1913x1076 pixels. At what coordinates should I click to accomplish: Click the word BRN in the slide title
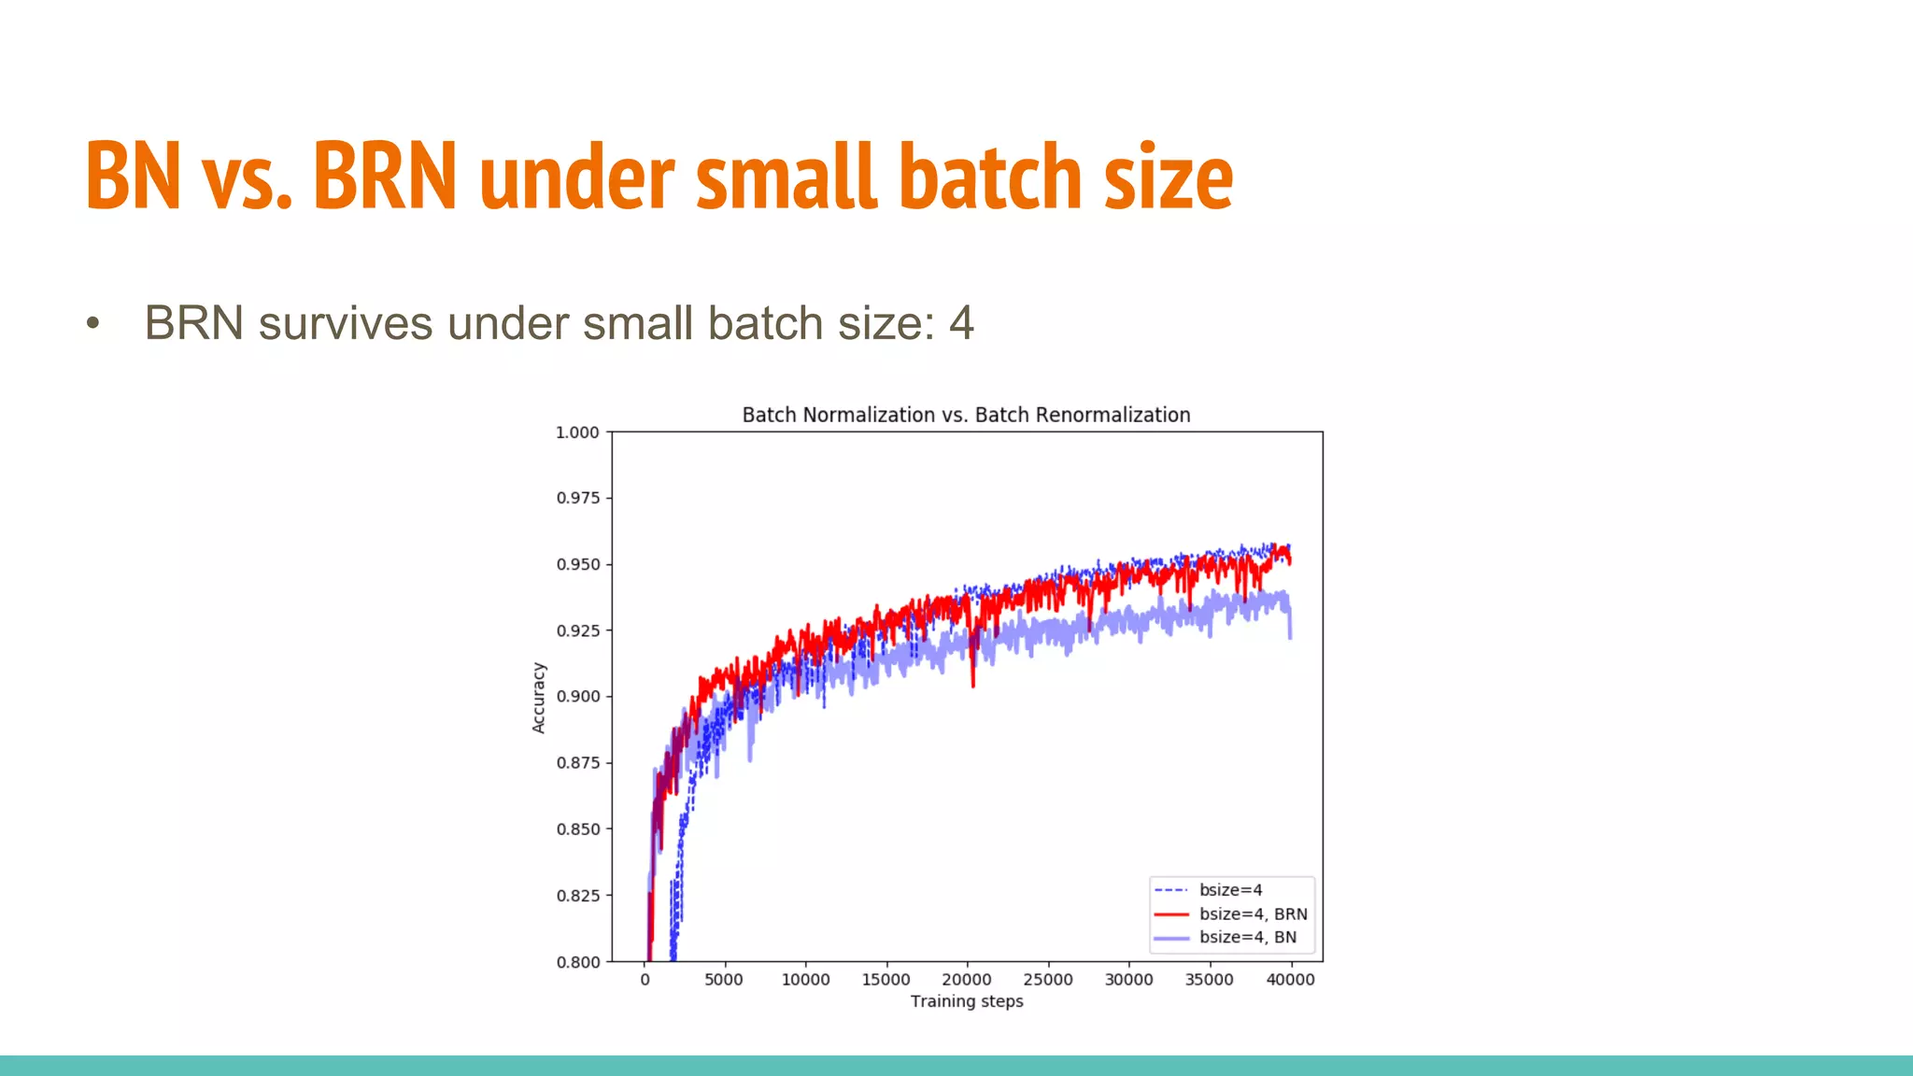click(384, 176)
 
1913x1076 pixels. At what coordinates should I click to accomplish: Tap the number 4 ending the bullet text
click(961, 323)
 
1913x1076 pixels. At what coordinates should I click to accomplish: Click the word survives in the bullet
click(346, 323)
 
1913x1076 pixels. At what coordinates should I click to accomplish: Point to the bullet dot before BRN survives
click(92, 324)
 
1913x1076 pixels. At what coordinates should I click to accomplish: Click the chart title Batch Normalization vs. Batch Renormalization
click(966, 415)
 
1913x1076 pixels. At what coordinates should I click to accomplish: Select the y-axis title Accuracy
click(538, 698)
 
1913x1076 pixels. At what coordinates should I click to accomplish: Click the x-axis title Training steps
click(967, 1001)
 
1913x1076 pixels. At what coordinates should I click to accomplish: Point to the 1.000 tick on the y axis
click(577, 432)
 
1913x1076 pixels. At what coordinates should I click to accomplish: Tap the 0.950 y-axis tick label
click(577, 564)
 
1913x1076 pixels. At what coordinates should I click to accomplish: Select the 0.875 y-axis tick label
click(577, 763)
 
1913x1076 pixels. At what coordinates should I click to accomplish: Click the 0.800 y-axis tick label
click(577, 962)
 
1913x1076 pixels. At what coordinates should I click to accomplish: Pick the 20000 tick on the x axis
click(966, 980)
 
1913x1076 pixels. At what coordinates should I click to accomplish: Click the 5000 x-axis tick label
click(724, 980)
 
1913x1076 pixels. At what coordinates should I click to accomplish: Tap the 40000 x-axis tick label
click(1290, 980)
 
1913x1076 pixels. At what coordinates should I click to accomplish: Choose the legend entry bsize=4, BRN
click(1253, 914)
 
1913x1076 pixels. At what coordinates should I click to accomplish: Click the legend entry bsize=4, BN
click(1247, 938)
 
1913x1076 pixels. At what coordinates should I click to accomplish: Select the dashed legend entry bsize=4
click(1230, 890)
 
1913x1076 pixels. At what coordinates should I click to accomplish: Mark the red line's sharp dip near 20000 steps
click(973, 682)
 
